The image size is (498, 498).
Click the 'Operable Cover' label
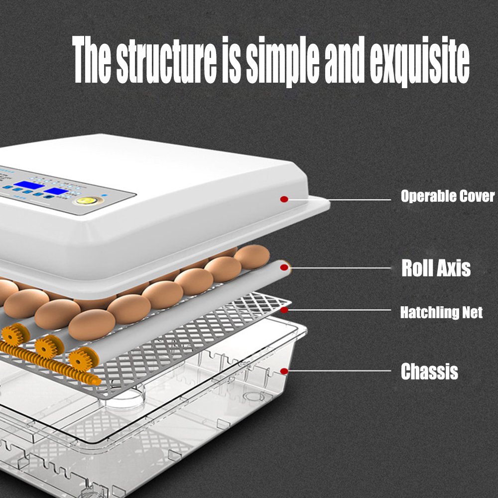point(448,196)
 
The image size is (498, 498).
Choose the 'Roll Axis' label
point(436,268)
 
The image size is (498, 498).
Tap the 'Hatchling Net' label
point(441,313)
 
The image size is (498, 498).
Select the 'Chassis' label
point(429,372)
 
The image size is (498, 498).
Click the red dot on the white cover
point(284,199)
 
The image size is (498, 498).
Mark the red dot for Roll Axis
point(284,268)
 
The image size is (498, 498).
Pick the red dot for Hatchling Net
point(284,310)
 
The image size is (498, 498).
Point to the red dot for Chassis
point(284,371)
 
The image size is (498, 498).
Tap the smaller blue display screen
point(56,191)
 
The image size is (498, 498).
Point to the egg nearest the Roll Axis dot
point(252,256)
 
